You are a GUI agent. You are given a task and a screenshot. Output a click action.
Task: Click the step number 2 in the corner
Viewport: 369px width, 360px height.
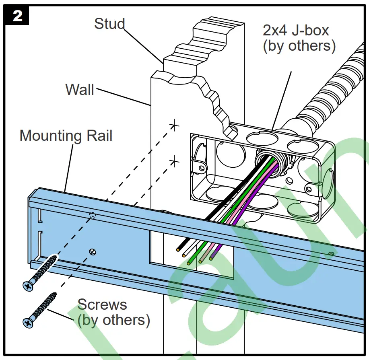click(x=17, y=16)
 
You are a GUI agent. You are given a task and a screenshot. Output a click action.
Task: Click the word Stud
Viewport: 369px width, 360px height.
click(x=109, y=24)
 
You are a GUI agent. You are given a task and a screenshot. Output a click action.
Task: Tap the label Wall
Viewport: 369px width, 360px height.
click(x=80, y=89)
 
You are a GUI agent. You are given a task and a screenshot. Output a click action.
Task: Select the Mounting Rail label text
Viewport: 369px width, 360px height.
click(x=66, y=136)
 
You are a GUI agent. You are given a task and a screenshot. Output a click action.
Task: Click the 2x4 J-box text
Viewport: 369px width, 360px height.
click(x=296, y=30)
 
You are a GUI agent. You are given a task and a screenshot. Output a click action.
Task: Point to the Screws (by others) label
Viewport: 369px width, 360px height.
click(x=113, y=312)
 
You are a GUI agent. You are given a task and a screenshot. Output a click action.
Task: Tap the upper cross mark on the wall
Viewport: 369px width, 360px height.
click(x=174, y=125)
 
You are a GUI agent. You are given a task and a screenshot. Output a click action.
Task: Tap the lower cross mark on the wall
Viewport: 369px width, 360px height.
click(x=174, y=161)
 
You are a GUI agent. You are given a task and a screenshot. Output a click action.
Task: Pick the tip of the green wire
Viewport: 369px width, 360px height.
click(x=189, y=262)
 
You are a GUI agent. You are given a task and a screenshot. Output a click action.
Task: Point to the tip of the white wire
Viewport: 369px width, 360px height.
click(x=183, y=255)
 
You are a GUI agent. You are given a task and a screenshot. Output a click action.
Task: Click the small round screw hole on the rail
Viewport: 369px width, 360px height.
click(x=93, y=251)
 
